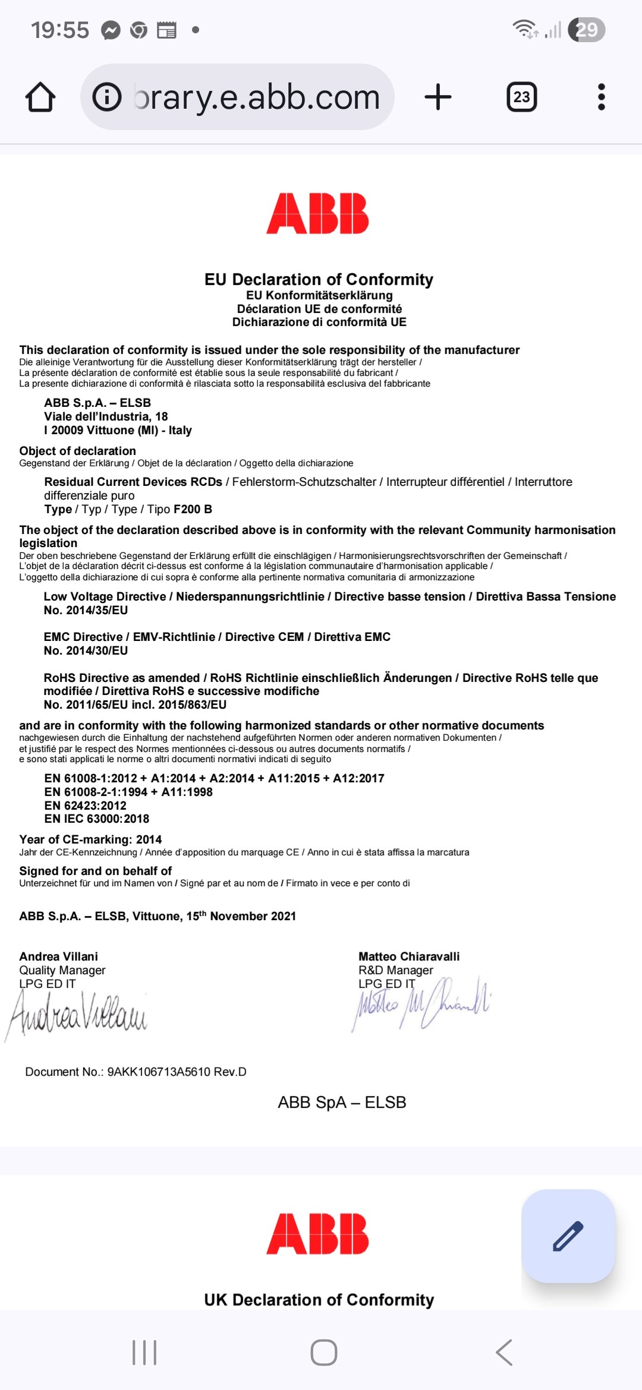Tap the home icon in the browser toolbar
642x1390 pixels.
pyautogui.click(x=40, y=97)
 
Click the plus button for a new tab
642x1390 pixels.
pyautogui.click(x=438, y=97)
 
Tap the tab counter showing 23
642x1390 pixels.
pyautogui.click(x=521, y=97)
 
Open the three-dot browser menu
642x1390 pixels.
pyautogui.click(x=601, y=97)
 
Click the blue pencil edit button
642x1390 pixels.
pyautogui.click(x=568, y=1236)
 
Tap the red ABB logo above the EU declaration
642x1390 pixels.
pyautogui.click(x=317, y=213)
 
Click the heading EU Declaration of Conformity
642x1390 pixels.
pyautogui.click(x=319, y=279)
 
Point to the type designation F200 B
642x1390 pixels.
pyautogui.click(x=193, y=509)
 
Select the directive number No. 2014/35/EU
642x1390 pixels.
pyautogui.click(x=86, y=610)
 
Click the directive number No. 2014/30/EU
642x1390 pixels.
pyautogui.click(x=86, y=650)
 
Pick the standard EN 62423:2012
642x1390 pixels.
pyautogui.click(x=85, y=805)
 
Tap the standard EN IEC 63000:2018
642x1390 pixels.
pyautogui.click(x=96, y=819)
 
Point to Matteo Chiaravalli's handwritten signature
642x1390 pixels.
pyautogui.click(x=422, y=1004)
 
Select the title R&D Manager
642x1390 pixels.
pyautogui.click(x=395, y=970)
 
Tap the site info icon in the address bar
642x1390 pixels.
pyautogui.click(x=107, y=97)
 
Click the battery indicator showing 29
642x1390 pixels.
pyautogui.click(x=586, y=30)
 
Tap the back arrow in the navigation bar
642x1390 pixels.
pyautogui.click(x=503, y=1353)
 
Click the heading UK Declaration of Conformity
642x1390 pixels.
pyautogui.click(x=319, y=1300)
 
